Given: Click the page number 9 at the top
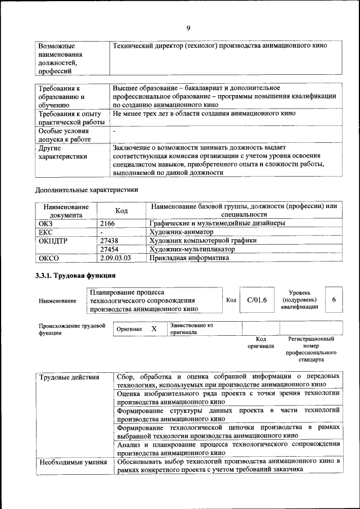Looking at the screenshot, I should pos(188,29).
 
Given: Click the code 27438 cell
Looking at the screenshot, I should pos(109,240).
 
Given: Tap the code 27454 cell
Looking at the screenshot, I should pos(109,249).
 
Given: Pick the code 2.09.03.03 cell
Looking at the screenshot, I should pos(115,258).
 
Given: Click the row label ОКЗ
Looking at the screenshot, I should pos(45,223).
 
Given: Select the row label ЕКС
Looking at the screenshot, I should pos(45,232).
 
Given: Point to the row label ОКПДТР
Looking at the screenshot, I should pos(52,240).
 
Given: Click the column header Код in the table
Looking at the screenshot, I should pos(121,210).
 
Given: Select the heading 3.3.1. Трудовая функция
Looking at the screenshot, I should pos(75,276).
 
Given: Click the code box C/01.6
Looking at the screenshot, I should pos(256,300).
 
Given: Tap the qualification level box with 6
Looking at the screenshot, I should pos(334,300).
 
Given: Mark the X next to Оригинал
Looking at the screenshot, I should pos(154,328).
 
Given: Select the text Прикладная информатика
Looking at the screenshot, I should pos(189,258).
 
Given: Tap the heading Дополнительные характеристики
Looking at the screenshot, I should pos(87,190).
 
